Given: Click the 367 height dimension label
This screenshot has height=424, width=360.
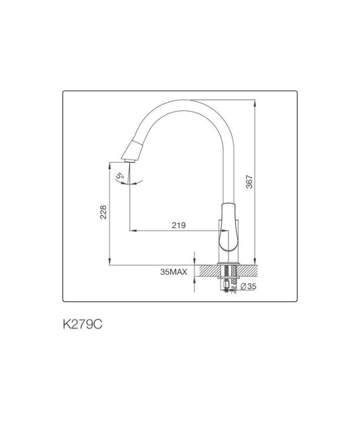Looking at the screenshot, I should [x=250, y=182].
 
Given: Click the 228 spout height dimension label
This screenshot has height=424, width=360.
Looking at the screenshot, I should [x=104, y=213].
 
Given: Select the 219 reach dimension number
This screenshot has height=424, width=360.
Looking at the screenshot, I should [x=178, y=225].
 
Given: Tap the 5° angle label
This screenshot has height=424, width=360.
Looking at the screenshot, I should [x=120, y=175].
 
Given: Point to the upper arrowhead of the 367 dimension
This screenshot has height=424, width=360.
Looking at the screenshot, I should [x=256, y=103].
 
